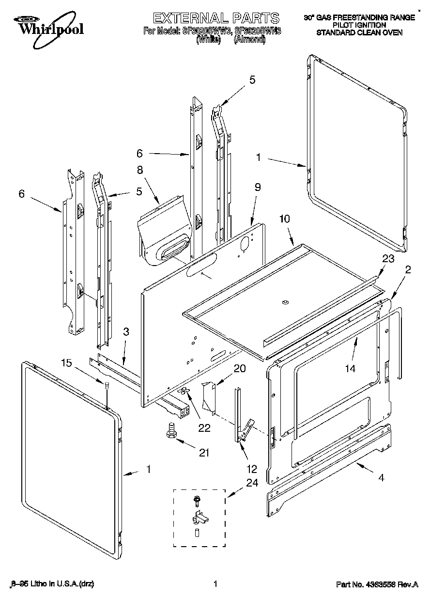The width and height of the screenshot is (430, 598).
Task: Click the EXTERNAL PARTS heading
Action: click(x=216, y=18)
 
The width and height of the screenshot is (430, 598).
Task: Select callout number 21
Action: click(x=204, y=453)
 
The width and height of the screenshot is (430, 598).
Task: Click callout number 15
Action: click(x=66, y=362)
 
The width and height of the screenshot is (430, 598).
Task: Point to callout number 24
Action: click(x=252, y=483)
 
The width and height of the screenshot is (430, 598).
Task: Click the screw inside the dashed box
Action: click(x=197, y=499)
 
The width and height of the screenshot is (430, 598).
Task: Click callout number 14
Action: click(x=350, y=369)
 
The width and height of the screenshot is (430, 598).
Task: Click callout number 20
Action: click(x=239, y=368)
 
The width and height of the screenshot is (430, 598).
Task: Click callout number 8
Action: click(x=139, y=170)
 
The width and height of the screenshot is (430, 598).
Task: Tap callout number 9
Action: click(x=258, y=186)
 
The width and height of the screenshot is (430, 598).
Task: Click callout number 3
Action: click(x=126, y=332)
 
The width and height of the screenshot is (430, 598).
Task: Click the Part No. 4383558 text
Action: click(x=377, y=585)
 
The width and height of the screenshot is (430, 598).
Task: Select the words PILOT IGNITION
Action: click(x=359, y=25)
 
